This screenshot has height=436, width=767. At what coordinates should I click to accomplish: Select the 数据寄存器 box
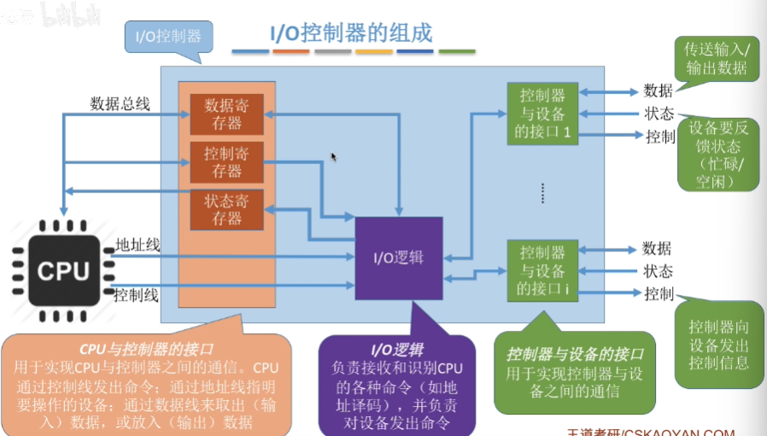pyautogui.click(x=226, y=115)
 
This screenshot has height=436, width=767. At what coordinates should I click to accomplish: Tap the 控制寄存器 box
pyautogui.click(x=226, y=162)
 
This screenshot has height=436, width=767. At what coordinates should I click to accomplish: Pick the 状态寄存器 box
pyautogui.click(x=226, y=210)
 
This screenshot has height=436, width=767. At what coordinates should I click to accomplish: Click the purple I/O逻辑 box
pyautogui.click(x=399, y=256)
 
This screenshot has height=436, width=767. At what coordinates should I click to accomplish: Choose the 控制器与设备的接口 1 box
pyautogui.click(x=542, y=114)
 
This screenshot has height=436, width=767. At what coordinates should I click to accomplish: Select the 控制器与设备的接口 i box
pyautogui.click(x=542, y=271)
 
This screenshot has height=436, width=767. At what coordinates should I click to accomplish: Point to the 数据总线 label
pyautogui.click(x=120, y=104)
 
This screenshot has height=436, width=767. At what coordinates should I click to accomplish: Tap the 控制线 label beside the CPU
pyautogui.click(x=138, y=295)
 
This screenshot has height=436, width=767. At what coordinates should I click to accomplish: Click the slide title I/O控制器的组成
pyautogui.click(x=351, y=33)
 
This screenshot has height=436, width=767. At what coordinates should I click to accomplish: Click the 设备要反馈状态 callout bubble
pyautogui.click(x=718, y=152)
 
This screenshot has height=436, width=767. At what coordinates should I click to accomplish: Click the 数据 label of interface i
pyautogui.click(x=657, y=248)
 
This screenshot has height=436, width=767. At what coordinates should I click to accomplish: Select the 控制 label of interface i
pyautogui.click(x=659, y=294)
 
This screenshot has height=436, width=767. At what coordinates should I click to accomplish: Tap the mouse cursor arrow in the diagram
pyautogui.click(x=334, y=156)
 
